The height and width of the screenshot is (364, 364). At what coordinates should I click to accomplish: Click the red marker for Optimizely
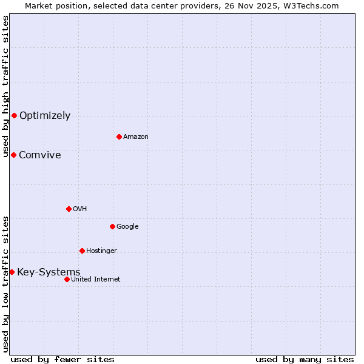click(14, 115)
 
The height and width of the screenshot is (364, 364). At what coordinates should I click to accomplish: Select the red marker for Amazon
click(119, 136)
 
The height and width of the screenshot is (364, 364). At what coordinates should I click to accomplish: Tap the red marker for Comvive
click(13, 155)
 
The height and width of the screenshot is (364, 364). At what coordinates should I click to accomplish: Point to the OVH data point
click(69, 209)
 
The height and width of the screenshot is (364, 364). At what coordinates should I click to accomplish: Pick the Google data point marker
click(112, 226)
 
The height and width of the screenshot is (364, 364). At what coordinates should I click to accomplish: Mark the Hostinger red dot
click(82, 251)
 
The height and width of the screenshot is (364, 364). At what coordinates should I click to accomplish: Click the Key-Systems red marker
click(12, 272)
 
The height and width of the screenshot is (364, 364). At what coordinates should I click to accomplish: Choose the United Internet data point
click(67, 279)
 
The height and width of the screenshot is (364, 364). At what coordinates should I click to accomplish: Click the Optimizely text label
click(45, 115)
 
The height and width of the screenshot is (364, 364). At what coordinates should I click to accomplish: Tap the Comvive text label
click(40, 155)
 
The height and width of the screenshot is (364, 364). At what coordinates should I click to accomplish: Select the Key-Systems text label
click(49, 272)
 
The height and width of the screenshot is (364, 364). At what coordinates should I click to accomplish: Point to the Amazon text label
click(136, 136)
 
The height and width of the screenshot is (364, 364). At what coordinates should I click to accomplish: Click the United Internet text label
click(96, 279)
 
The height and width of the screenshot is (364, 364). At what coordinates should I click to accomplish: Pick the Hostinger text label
click(101, 251)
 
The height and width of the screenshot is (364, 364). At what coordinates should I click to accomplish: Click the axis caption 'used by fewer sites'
click(62, 359)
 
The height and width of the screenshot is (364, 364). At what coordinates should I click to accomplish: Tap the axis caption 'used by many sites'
click(305, 359)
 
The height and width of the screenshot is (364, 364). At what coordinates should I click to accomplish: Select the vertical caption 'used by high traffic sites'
click(5, 86)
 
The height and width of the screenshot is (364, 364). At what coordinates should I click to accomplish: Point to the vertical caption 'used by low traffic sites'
click(5, 284)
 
